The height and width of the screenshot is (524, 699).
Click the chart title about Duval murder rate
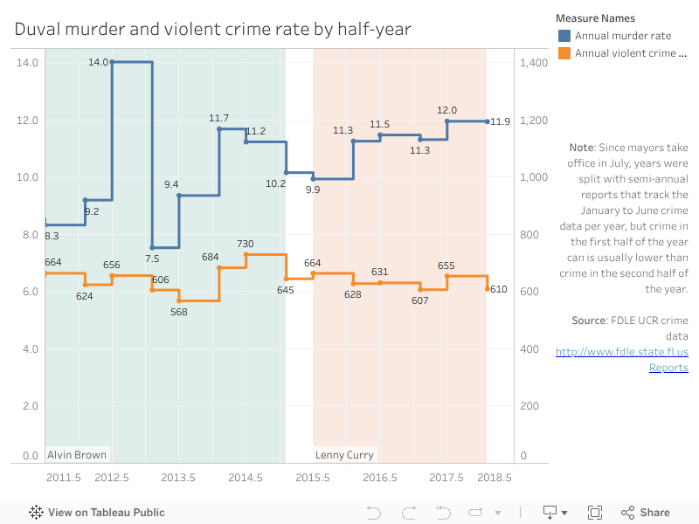coord(212,30)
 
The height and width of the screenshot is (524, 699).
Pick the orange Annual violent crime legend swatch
coord(564,53)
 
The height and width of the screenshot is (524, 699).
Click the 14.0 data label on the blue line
coord(98,62)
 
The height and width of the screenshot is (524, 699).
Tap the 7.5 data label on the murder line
coord(152,259)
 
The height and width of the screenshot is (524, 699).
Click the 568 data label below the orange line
coord(179,312)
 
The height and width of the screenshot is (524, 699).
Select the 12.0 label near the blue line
coord(446,110)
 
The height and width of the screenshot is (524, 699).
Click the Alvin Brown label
coord(77,455)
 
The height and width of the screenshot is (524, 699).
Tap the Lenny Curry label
coord(344,455)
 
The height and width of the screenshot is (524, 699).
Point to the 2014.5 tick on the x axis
coord(246,478)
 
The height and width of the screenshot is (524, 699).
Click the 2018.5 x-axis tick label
coord(495,478)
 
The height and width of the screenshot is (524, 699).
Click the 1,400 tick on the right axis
coord(533,63)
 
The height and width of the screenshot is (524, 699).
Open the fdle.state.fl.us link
coord(622,353)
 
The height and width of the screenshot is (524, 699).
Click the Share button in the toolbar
coord(646,513)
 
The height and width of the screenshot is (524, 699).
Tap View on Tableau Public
coord(97,513)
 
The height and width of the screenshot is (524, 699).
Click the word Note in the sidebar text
coord(581,148)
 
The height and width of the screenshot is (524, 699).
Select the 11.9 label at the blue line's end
coord(500,121)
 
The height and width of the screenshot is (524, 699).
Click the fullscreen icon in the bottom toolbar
coord(595,513)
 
